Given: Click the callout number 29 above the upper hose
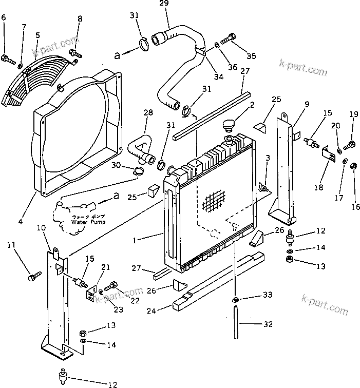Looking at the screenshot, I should click(x=164, y=4).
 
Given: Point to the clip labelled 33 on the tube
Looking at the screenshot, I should click(x=235, y=299).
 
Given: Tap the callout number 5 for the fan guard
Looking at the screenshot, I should click(x=38, y=35).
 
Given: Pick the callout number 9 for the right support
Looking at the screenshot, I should click(x=306, y=104).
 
